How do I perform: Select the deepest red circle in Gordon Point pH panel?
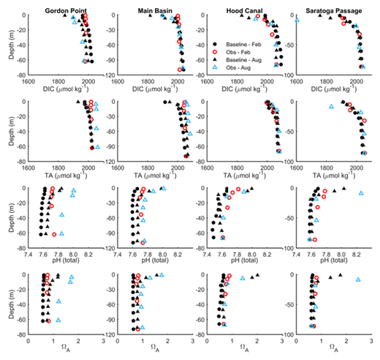point(55,234)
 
